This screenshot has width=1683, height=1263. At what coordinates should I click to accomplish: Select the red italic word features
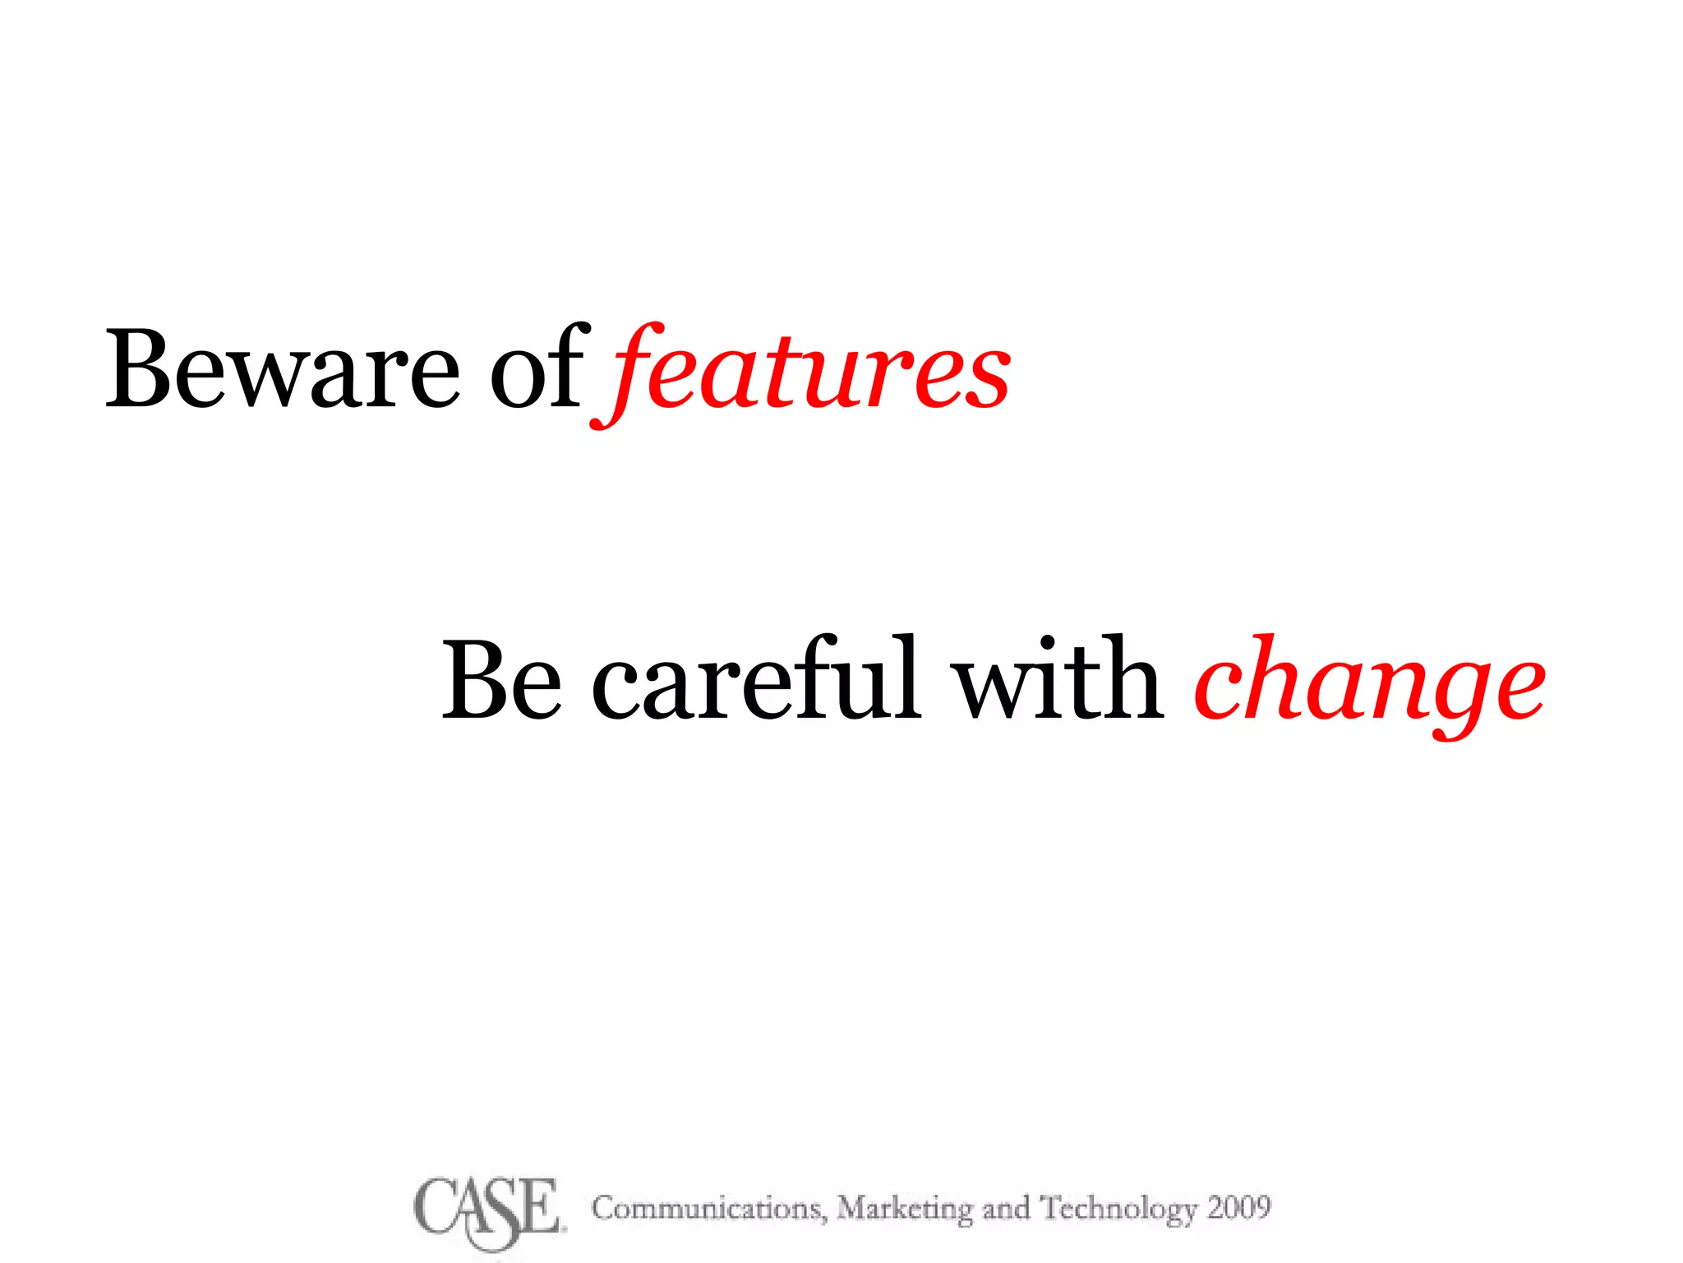click(x=801, y=374)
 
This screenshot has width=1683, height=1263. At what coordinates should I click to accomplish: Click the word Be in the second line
click(x=501, y=680)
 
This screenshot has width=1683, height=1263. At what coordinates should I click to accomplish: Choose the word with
click(x=1057, y=680)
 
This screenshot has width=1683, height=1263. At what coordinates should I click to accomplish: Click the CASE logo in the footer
click(x=488, y=1210)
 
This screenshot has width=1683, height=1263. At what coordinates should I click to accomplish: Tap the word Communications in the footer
click(x=708, y=1208)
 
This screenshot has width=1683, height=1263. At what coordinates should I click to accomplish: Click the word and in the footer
click(x=1006, y=1208)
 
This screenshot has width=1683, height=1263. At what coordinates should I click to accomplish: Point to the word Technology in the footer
click(x=1118, y=1210)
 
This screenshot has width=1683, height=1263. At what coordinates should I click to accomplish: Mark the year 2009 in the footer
click(x=1238, y=1207)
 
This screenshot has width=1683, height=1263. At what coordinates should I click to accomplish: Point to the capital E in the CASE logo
click(x=539, y=1207)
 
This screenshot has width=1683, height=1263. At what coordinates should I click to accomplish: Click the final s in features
click(x=986, y=378)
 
